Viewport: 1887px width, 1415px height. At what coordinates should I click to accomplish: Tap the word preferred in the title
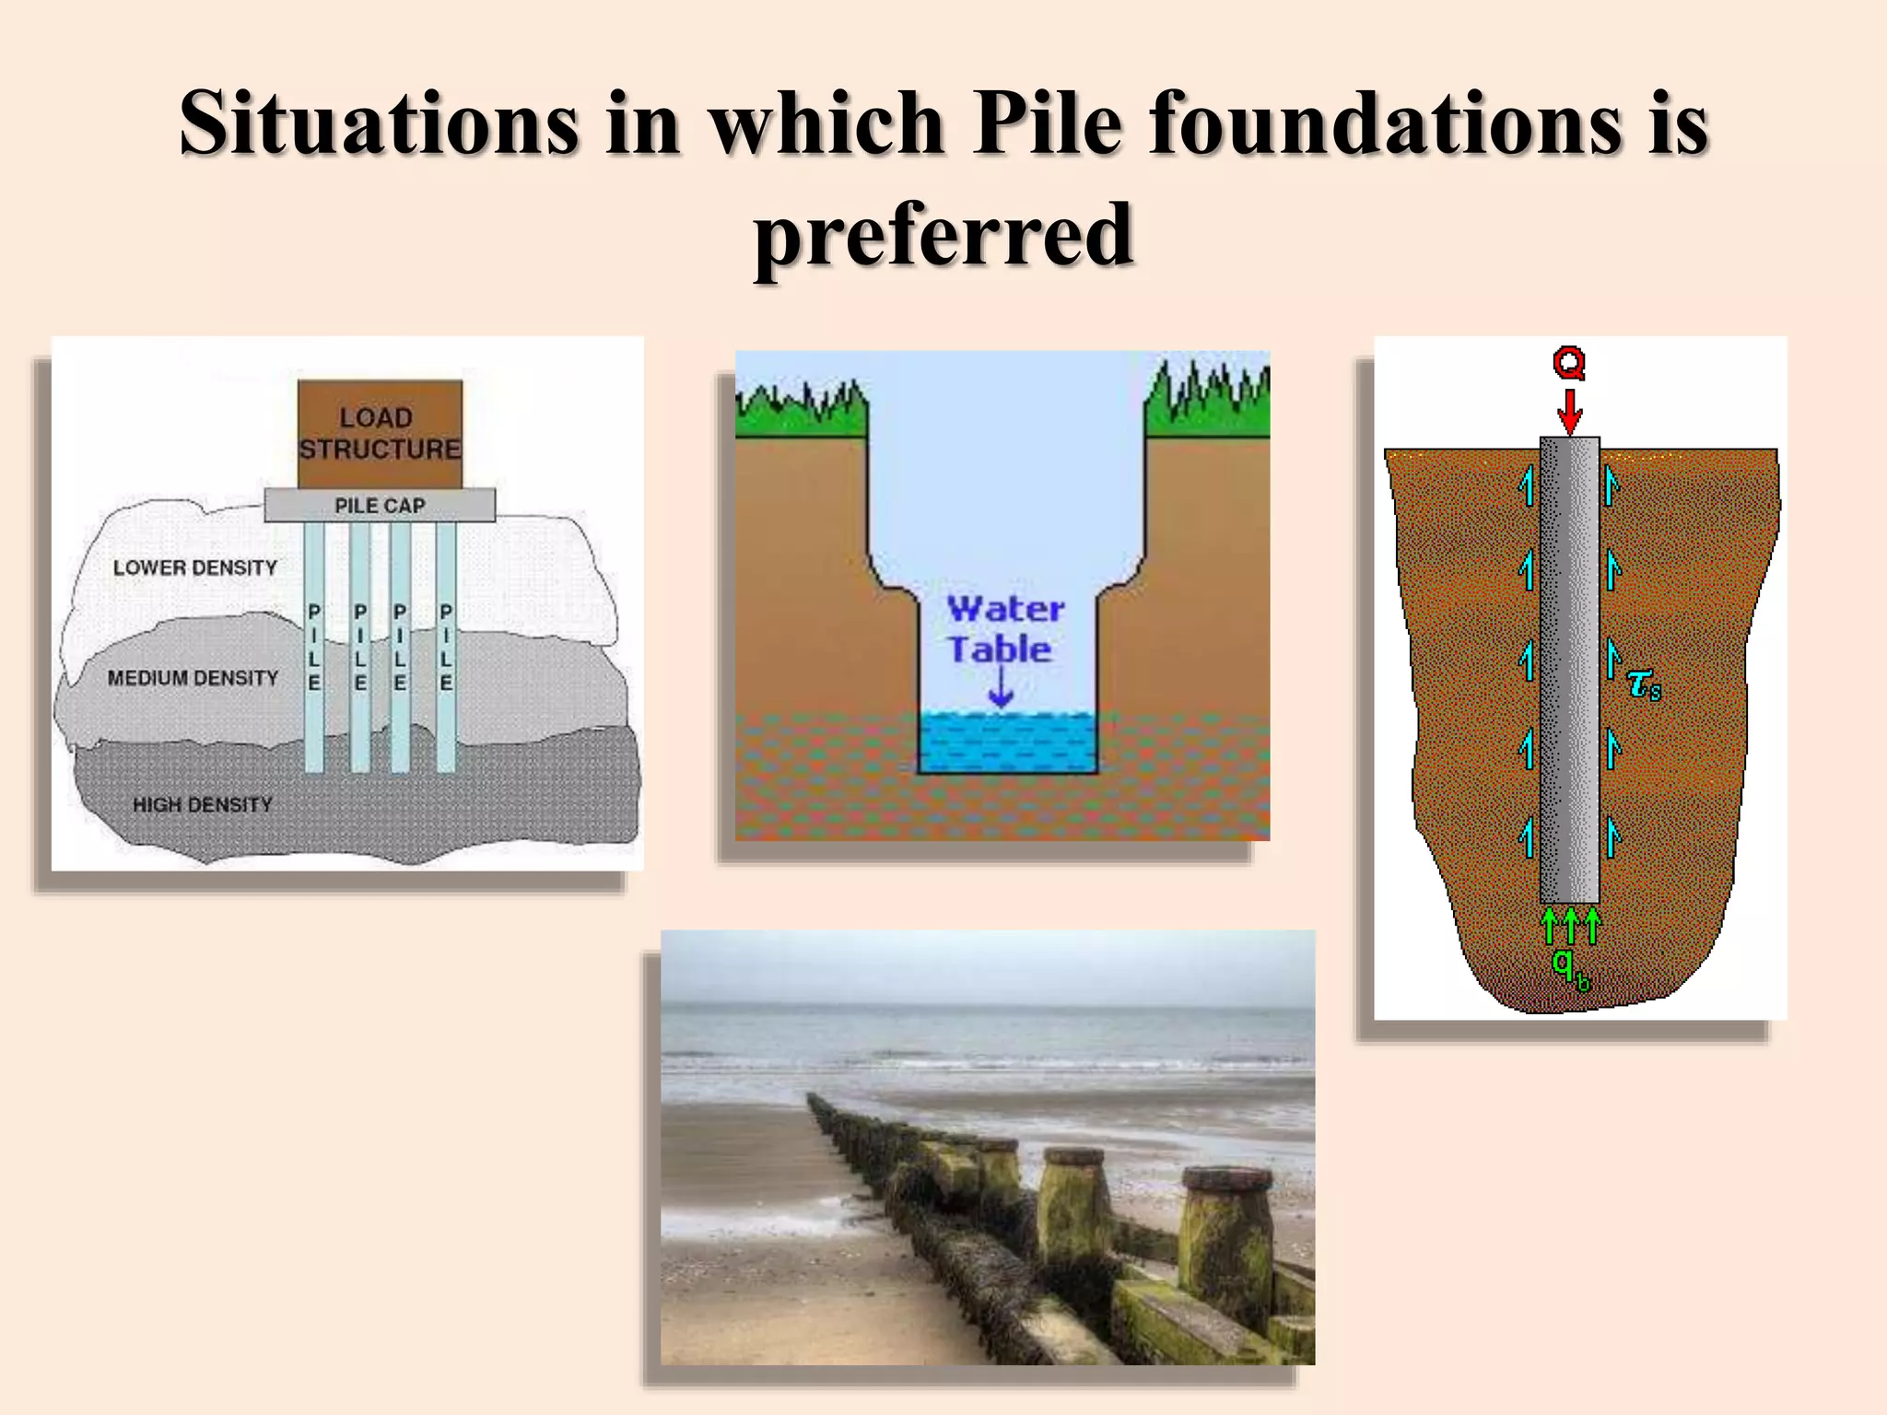tap(943, 235)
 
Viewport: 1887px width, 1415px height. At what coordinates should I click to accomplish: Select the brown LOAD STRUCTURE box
tap(380, 433)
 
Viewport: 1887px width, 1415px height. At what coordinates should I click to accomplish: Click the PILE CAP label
tap(380, 506)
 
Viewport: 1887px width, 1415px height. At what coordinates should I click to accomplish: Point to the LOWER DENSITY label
tap(194, 567)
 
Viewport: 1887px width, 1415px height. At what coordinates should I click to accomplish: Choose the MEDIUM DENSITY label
tap(193, 678)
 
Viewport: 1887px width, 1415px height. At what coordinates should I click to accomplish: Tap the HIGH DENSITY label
tap(203, 805)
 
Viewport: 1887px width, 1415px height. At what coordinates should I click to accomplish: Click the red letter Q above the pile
tap(1569, 362)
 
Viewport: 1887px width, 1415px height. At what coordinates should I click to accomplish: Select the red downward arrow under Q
tap(1569, 411)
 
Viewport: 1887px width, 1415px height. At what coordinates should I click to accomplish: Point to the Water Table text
tap(1004, 629)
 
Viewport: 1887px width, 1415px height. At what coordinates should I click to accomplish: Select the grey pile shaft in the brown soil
tap(1569, 670)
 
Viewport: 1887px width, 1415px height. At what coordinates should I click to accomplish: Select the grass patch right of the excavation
tap(1207, 405)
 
